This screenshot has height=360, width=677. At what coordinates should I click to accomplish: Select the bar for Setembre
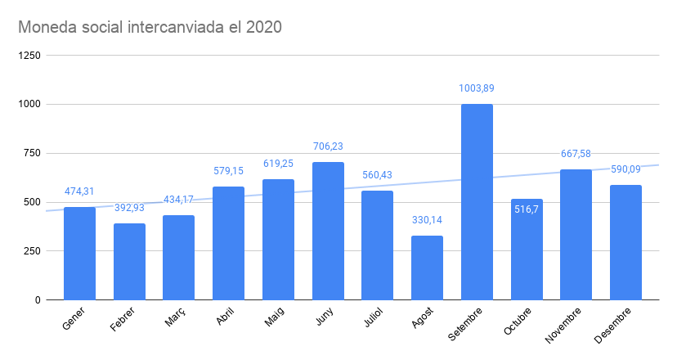(x=477, y=201)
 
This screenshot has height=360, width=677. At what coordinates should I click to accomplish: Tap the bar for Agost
(x=427, y=268)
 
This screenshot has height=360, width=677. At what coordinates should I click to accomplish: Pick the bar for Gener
(x=79, y=254)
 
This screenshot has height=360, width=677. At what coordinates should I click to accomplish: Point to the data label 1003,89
(x=477, y=88)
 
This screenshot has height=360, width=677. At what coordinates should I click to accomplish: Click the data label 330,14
(x=427, y=220)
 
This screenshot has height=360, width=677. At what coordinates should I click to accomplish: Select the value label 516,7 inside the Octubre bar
(x=527, y=210)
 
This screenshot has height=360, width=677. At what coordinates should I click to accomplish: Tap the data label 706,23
(x=328, y=146)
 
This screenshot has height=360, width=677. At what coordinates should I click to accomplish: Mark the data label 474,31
(x=79, y=191)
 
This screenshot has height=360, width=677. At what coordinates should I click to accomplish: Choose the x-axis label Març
(x=174, y=318)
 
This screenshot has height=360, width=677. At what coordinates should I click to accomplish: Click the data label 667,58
(x=576, y=154)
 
